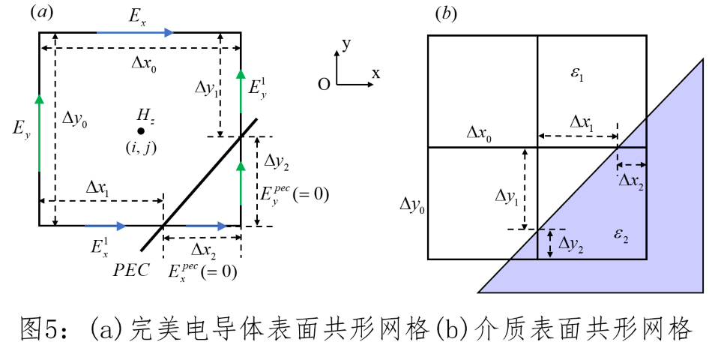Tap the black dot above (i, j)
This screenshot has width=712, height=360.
141,130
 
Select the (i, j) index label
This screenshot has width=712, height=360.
141,148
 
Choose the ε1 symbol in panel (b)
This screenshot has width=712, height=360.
577,73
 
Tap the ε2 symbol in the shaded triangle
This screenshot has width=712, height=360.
621,235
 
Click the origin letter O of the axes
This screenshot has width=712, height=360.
324,84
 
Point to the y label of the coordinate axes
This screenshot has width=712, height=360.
346,43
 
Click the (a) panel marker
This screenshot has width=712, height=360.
40,13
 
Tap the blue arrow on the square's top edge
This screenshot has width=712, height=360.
135,32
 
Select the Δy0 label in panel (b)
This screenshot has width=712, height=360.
411,204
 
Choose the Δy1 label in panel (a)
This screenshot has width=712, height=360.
207,88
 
